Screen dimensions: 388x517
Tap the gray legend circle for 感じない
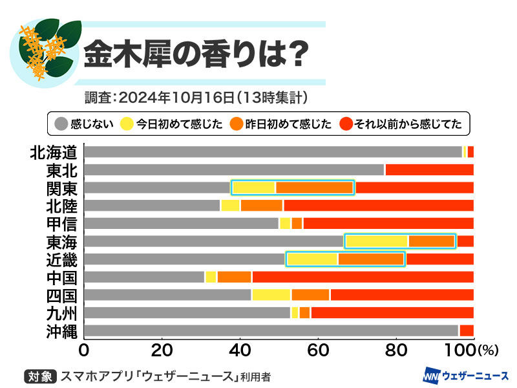click(x=61, y=123)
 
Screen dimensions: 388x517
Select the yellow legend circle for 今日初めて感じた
click(x=127, y=123)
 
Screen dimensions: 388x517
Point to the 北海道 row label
click(x=54, y=152)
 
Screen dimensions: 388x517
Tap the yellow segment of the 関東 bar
click(x=254, y=188)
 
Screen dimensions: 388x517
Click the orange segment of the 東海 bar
click(x=432, y=242)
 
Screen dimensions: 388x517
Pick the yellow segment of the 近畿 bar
click(x=312, y=259)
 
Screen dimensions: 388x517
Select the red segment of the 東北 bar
click(x=429, y=170)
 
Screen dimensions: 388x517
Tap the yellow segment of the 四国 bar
click(x=272, y=296)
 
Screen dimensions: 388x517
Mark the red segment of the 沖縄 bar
click(x=466, y=331)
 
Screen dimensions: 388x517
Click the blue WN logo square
click(x=431, y=376)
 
